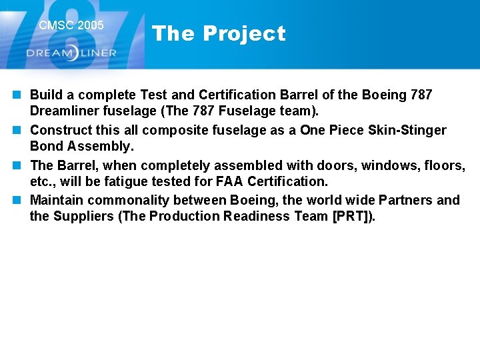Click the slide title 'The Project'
click(219, 33)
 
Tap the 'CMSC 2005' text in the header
click(71, 25)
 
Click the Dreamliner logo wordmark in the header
click(71, 53)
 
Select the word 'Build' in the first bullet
click(46, 95)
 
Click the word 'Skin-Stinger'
click(407, 130)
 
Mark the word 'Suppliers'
click(83, 216)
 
